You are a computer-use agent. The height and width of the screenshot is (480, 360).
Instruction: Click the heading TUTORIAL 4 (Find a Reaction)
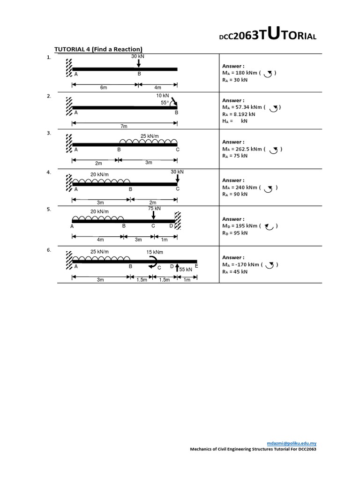pos(98,49)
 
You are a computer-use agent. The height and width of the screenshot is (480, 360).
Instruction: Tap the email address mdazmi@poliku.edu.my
pos(292,443)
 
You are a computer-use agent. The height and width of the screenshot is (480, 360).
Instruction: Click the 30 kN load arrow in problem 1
pos(139,63)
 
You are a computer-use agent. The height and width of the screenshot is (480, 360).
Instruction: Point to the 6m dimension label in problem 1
pos(104,87)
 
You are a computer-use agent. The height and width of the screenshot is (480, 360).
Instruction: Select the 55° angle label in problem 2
pos(164,102)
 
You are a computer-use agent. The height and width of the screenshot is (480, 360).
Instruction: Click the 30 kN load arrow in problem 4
pos(177,178)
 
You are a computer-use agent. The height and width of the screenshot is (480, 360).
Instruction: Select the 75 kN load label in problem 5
pos(154,208)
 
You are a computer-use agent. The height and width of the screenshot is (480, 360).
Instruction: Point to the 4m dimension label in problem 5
pos(100,240)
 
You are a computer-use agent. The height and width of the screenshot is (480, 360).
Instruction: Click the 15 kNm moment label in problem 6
pos(155,252)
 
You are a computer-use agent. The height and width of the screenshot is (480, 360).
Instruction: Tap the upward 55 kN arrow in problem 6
pos(177,268)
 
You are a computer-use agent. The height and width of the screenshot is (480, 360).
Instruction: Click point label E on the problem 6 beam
pos(196,266)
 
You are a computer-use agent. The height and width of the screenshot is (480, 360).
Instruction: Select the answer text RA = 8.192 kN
pos(239,114)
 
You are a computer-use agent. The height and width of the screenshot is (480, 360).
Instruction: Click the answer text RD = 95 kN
pos(235,232)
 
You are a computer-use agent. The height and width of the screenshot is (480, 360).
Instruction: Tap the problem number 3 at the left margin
pos(49,133)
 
